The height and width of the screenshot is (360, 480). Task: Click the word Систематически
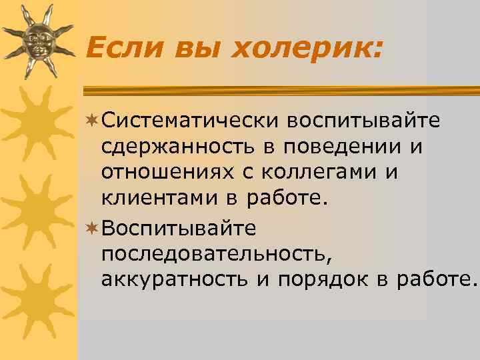190,121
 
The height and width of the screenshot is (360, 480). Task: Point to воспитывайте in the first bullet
364,121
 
